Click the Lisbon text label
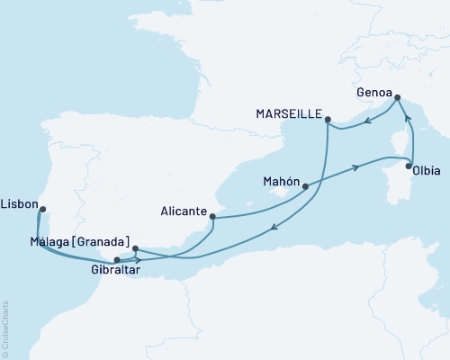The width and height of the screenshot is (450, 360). click(20, 203)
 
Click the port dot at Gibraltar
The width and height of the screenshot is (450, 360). click(117, 260)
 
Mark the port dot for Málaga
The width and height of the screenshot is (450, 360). click(134, 248)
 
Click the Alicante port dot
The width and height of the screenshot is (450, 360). click(211, 216)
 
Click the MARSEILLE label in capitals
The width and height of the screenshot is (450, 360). click(289, 113)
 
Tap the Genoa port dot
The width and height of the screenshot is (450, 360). click(397, 103)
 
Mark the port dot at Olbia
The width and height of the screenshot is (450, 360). click(409, 166)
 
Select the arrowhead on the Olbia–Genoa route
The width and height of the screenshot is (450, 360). click(407, 118)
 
